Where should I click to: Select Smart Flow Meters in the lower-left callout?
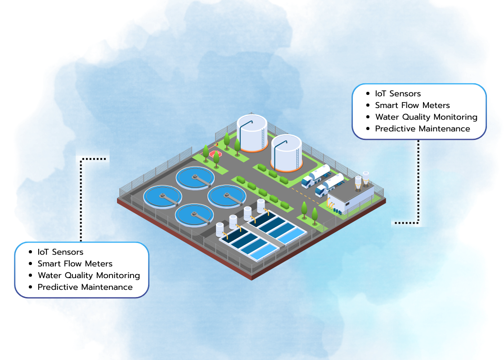tap(75, 264)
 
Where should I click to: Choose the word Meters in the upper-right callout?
tap(437, 105)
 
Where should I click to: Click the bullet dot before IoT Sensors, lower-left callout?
tap(30, 252)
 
